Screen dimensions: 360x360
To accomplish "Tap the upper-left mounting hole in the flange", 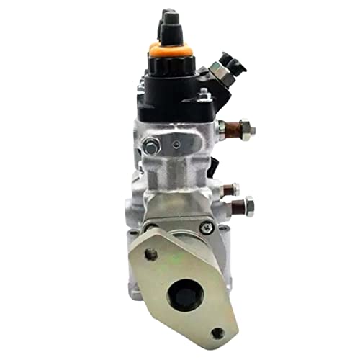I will (150, 253).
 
